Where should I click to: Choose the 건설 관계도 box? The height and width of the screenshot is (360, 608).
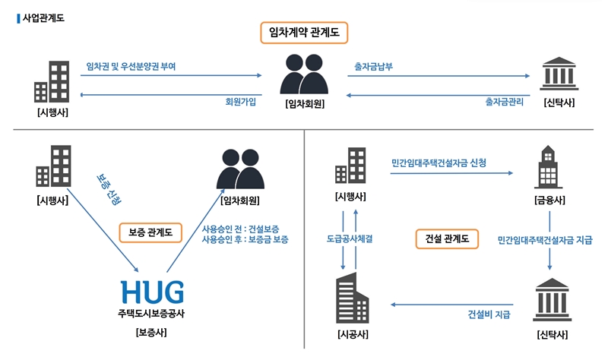click(447, 238)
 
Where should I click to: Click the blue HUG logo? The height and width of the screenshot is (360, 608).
click(152, 290)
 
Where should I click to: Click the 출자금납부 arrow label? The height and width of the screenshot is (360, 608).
click(374, 67)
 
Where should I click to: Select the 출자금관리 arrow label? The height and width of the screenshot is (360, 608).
click(504, 101)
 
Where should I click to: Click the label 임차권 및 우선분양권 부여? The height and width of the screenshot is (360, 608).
click(131, 67)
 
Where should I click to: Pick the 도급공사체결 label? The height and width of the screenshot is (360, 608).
click(349, 238)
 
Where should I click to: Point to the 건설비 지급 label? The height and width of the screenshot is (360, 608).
click(489, 313)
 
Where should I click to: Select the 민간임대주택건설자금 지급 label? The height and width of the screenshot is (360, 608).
click(544, 240)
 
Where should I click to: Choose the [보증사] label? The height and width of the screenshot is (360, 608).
click(152, 333)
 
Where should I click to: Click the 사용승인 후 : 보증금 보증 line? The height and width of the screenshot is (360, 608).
click(244, 239)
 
